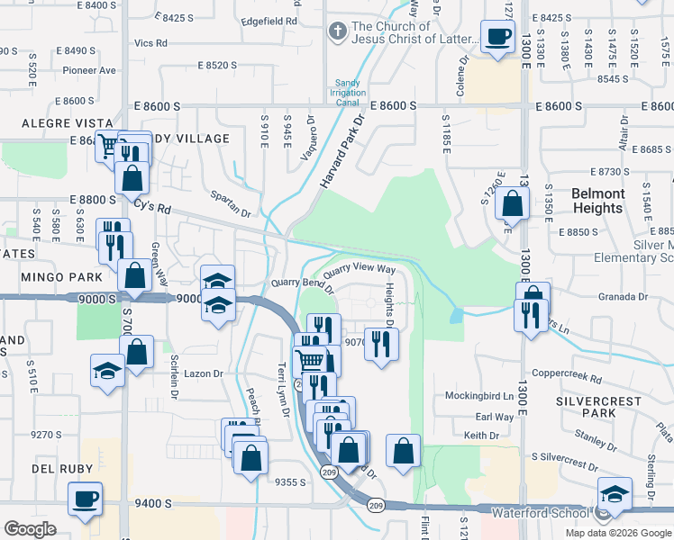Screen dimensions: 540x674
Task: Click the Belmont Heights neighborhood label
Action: [597, 201]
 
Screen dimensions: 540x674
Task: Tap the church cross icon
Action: [337, 32]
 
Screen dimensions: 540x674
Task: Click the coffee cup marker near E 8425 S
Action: [496, 37]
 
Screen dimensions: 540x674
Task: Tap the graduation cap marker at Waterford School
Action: [615, 494]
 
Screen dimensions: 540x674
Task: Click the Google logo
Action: [30, 528]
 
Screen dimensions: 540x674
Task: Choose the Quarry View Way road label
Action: [359, 269]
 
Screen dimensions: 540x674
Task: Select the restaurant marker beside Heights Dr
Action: [382, 344]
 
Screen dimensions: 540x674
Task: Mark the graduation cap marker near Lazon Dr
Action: [106, 370]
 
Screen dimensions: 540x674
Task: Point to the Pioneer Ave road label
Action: [89, 70]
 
